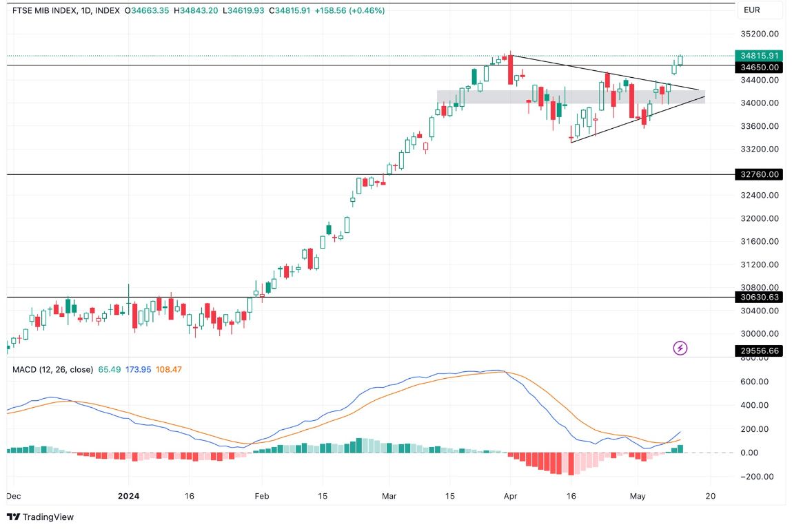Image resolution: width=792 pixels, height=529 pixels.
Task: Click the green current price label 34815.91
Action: click(x=759, y=56)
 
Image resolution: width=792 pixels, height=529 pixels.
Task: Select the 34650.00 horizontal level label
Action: click(x=759, y=68)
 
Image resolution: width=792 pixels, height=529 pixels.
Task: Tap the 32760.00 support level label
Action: click(x=759, y=175)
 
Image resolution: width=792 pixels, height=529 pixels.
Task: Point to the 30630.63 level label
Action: click(x=759, y=298)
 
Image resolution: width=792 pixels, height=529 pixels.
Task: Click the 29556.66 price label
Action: click(x=759, y=351)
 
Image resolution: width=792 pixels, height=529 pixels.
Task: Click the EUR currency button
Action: click(x=751, y=10)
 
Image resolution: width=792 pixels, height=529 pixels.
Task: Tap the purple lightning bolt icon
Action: click(x=680, y=348)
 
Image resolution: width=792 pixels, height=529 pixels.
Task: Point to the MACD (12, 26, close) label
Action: click(x=52, y=369)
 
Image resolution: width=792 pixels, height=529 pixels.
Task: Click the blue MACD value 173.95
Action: click(x=137, y=369)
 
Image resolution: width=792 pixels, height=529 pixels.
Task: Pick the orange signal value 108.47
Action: click(x=169, y=369)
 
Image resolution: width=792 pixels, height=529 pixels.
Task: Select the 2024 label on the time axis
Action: click(x=129, y=495)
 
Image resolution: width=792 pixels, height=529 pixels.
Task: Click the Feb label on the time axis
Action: click(x=261, y=495)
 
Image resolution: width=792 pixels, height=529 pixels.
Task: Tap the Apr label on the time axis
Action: click(x=511, y=495)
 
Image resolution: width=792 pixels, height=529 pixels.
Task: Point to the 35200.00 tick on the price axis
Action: click(x=759, y=34)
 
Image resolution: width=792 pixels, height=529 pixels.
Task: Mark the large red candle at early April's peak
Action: click(x=510, y=70)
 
